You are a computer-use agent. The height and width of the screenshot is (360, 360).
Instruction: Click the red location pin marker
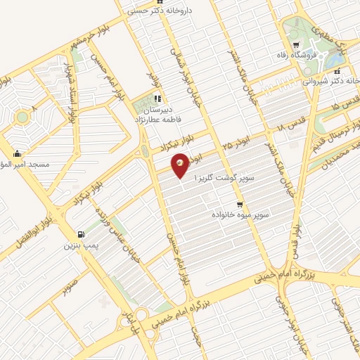point(181,165)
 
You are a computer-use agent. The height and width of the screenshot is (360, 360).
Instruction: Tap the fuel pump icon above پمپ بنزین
point(81,235)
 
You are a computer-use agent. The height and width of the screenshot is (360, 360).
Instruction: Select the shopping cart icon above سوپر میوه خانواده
point(240,204)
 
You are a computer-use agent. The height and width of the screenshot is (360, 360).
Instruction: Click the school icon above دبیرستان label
point(158,99)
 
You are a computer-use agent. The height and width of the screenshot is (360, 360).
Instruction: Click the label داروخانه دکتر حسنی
point(172,11)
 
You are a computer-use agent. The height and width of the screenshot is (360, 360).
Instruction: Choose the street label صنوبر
point(69,288)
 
